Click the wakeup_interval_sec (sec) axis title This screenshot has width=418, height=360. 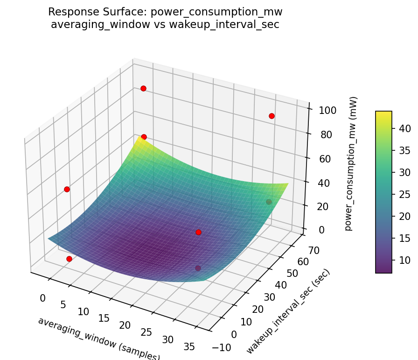pyautogui.click(x=288, y=311)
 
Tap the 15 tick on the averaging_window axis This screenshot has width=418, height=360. pyautogui.click(x=104, y=318)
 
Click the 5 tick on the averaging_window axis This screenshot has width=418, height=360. pyautogui.click(x=63, y=304)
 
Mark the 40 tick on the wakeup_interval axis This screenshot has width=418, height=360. pyautogui.click(x=280, y=285)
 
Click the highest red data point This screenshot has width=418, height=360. pyautogui.click(x=143, y=88)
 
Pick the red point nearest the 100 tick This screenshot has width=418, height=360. pyautogui.click(x=272, y=116)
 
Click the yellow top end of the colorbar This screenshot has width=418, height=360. pyautogui.click(x=383, y=113)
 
